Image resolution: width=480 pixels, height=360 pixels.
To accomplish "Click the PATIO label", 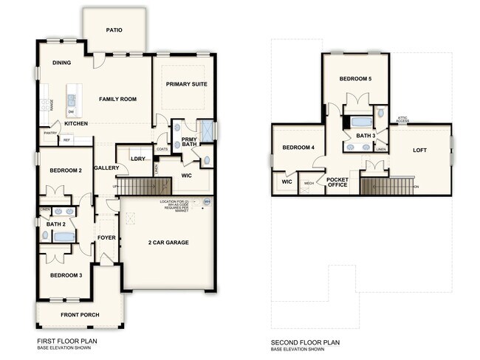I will pos(114,30).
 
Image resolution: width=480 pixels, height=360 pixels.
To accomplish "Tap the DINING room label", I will pos(61,63).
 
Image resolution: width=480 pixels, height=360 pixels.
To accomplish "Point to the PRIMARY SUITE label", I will pos(186,84).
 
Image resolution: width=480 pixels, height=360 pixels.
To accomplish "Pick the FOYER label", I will pos(107,238).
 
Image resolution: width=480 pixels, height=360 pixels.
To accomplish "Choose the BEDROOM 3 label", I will pos(66,275).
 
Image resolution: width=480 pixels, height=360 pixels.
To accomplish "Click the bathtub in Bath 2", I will pos(64,237).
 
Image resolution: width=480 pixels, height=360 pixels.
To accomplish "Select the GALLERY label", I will pos(107,168).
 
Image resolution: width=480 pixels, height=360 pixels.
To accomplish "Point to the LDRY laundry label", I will pos(137,159).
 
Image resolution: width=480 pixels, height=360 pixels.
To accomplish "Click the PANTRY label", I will pos(50,134).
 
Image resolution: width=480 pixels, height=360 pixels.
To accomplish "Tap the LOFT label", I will pos(419,150).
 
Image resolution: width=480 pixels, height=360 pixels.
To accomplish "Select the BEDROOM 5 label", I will pos(356,78).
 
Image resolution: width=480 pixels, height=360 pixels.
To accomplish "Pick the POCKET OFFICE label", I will pos(337,183).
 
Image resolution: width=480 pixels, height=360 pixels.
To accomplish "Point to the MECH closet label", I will pos(309,184).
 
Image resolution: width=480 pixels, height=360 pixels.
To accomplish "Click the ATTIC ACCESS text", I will pos(402,119).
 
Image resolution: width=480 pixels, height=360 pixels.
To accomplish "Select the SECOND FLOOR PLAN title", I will pos(305,342).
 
